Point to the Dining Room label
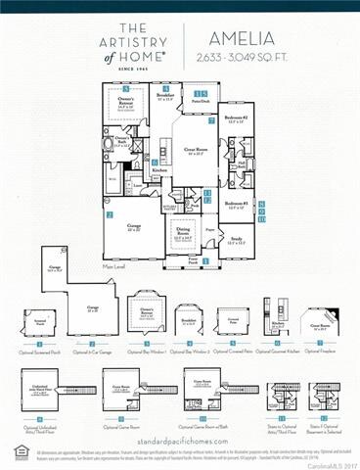pyautogui.click(x=183, y=231)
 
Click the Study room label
pyautogui.click(x=235, y=236)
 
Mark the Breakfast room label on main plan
pyautogui.click(x=166, y=96)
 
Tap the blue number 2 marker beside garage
pyautogui.click(x=111, y=213)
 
